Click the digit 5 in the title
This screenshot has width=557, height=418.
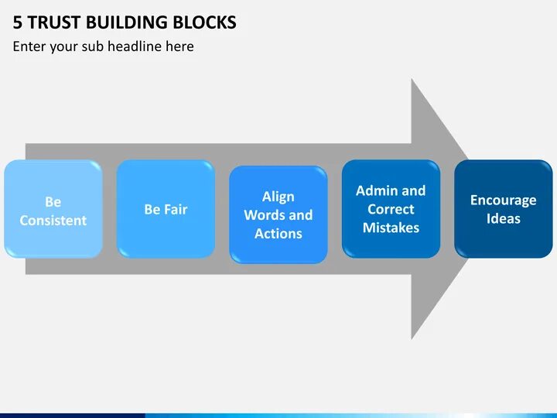click(x=18, y=22)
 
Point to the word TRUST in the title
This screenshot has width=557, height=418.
click(x=55, y=22)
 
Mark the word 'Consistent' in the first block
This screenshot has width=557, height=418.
click(x=53, y=221)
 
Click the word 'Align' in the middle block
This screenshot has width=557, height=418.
click(x=278, y=197)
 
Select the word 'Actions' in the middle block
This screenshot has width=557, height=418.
click(x=278, y=234)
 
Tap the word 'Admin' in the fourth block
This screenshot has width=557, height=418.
click(x=376, y=190)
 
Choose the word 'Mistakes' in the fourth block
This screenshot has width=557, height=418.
click(x=391, y=228)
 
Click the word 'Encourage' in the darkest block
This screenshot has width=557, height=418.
click(x=503, y=200)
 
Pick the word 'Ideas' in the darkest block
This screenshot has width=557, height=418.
click(x=503, y=219)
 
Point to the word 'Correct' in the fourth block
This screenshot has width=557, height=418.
click(x=391, y=209)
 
